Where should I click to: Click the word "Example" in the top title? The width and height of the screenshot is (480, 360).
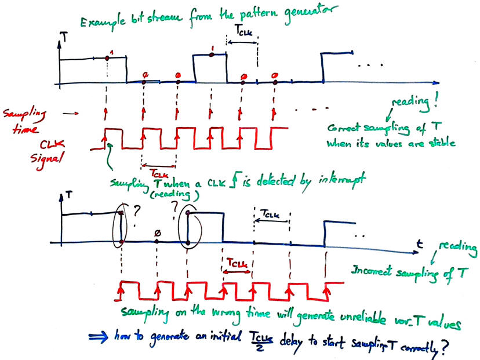click(x=103, y=23)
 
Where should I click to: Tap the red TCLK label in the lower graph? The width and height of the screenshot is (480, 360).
click(x=238, y=263)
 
